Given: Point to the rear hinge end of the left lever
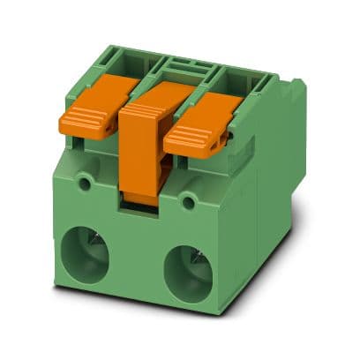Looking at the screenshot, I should (x=124, y=83).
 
